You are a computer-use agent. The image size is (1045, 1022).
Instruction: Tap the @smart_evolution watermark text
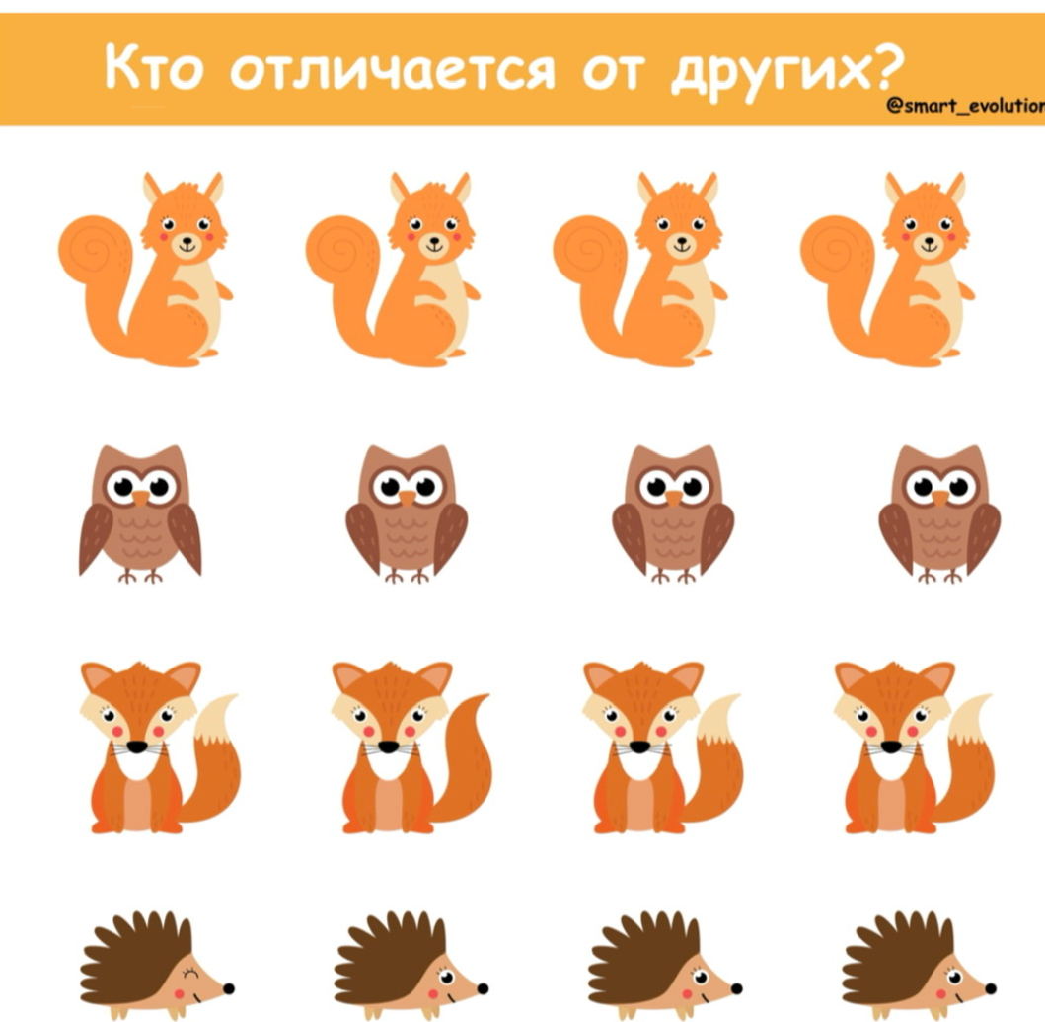pos(966,108)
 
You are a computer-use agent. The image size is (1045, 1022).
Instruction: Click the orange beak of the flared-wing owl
pos(141,499)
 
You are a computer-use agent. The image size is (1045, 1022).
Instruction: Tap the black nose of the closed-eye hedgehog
pos(228,987)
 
